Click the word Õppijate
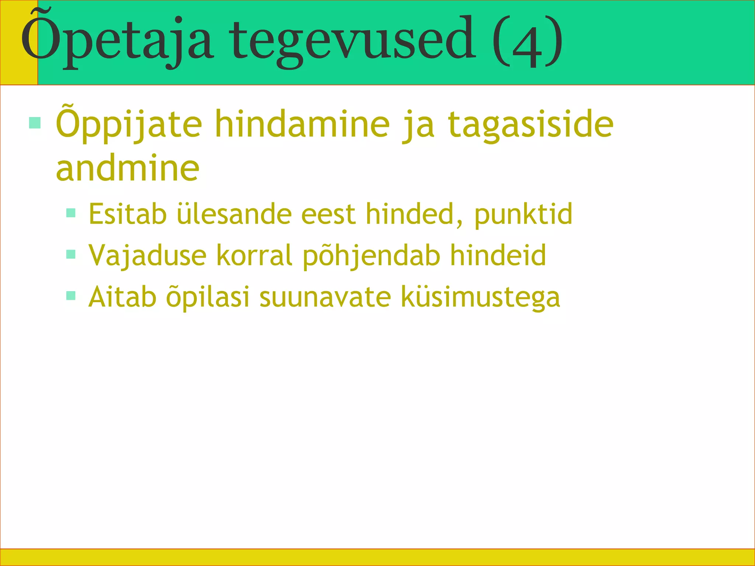[129, 125]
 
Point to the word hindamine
[302, 125]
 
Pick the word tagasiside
[531, 125]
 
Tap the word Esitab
[128, 214]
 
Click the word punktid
[523, 214]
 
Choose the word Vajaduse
[147, 255]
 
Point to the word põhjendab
[372, 255]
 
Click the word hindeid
[498, 255]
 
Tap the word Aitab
[122, 297]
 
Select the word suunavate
[325, 297]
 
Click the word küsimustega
[480, 297]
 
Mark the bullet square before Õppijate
[35, 123]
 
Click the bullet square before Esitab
[71, 213]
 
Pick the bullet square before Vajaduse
[71, 254]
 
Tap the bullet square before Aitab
[71, 296]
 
